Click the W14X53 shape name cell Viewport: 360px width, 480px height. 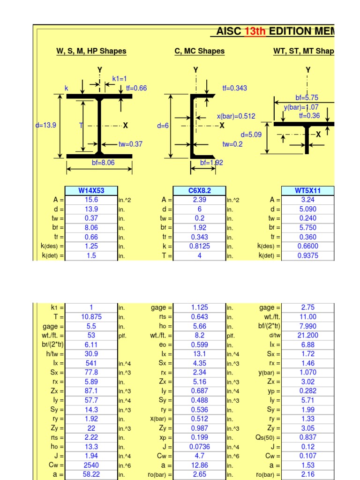(91, 191)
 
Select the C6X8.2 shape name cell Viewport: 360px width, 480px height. (200, 191)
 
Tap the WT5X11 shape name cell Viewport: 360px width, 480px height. (308, 191)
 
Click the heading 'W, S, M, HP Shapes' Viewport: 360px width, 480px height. (91, 51)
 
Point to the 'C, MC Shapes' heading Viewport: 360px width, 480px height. (200, 51)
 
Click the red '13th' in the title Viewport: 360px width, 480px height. (255, 31)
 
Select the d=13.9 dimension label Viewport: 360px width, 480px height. (46, 126)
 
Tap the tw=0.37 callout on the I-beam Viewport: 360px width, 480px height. (130, 144)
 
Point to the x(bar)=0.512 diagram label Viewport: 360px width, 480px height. (236, 116)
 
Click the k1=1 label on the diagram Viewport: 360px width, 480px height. (120, 79)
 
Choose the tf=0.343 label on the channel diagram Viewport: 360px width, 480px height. (234, 88)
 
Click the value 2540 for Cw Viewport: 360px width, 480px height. (91, 465)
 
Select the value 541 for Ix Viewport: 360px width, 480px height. (91, 363)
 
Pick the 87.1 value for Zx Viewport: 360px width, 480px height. (91, 391)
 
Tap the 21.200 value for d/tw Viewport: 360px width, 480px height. (308, 336)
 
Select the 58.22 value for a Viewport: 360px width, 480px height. (91, 474)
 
